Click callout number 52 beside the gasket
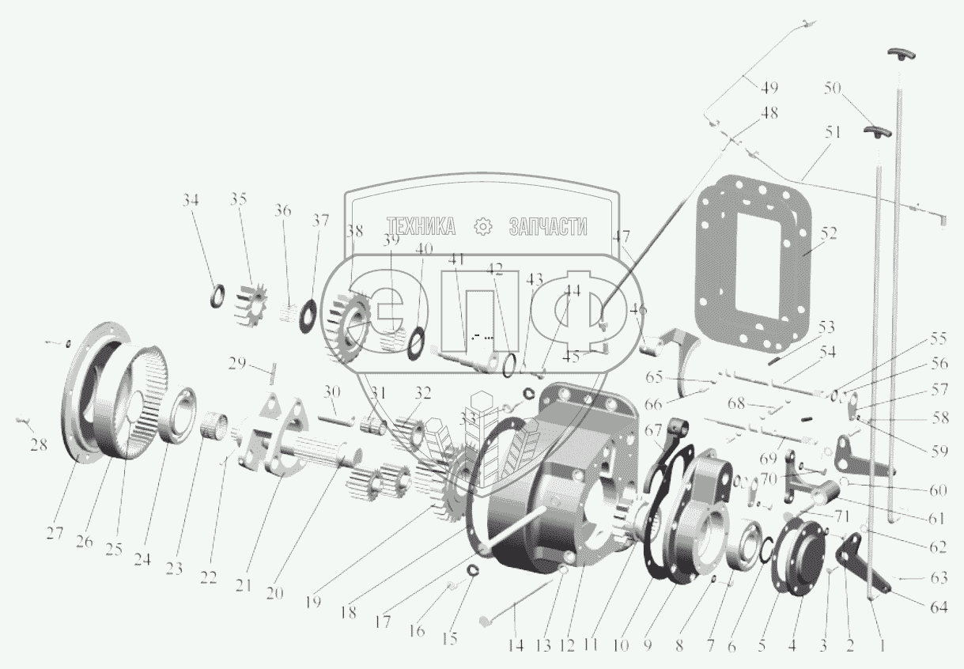pos(827,233)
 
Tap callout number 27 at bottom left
pos(54,532)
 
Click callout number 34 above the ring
pos(190,200)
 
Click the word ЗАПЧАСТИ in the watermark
pos(547,228)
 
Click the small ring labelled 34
pos(215,298)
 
